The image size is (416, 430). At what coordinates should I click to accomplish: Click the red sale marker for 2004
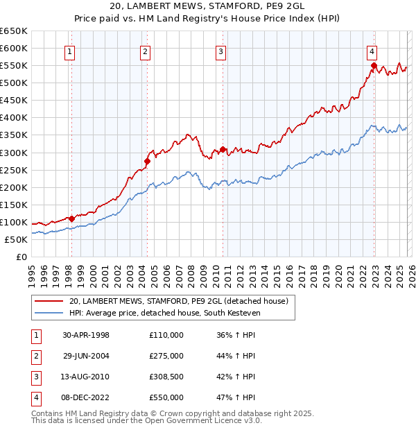(x=147, y=161)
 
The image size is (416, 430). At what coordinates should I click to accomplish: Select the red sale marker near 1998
(x=71, y=218)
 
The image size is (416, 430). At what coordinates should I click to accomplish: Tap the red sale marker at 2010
(x=222, y=149)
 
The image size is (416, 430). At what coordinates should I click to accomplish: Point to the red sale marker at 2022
(x=373, y=66)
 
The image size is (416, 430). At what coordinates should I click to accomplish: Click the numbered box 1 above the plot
(x=71, y=51)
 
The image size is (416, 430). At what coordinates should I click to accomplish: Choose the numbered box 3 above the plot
(x=220, y=51)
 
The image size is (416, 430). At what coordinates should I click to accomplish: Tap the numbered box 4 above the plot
(x=372, y=51)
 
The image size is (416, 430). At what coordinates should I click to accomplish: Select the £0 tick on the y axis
(x=22, y=257)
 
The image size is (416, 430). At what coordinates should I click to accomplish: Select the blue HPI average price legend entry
(x=163, y=313)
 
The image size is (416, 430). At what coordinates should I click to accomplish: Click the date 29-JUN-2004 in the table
(x=86, y=356)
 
